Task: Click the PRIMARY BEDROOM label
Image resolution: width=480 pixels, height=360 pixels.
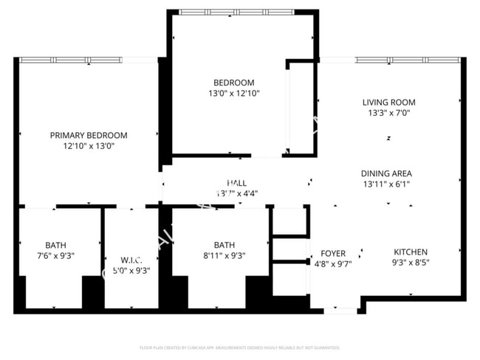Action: point(89,135)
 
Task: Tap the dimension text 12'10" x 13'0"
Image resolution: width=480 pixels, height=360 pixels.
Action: point(89,146)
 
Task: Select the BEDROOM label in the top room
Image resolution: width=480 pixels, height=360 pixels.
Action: point(233,83)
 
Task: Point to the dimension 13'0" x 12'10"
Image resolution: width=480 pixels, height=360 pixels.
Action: point(233,94)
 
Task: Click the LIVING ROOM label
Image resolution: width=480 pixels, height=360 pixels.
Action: point(388,103)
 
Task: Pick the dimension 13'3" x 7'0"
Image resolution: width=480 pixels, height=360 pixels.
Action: point(388,114)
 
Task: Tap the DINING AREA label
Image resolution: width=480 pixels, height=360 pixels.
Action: point(386,173)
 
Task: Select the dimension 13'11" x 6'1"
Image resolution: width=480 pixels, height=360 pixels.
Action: point(386,184)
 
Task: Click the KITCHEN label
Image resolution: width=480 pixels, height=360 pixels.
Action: point(411,251)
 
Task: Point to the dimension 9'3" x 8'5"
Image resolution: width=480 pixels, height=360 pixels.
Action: point(411,262)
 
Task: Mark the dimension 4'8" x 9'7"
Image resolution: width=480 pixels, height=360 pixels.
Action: point(333,263)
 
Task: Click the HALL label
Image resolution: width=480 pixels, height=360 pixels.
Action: point(236,183)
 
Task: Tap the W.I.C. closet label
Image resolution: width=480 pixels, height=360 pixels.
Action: point(130,260)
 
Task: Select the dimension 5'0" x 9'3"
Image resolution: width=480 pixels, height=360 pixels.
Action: point(130,270)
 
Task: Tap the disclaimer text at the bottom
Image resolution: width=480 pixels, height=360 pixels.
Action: point(239,347)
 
